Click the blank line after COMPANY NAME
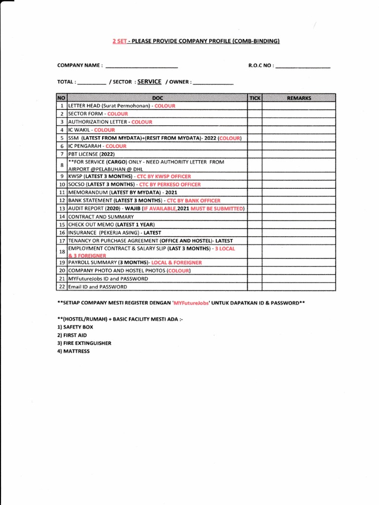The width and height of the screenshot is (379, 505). pos(142,66)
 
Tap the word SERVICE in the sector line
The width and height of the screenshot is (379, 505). pos(150,82)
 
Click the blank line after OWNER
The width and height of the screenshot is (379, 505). pos(213,83)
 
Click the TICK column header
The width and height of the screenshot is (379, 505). pos(255,98)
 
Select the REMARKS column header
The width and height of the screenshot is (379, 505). pos(299,98)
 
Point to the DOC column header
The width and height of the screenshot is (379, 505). pos(157,98)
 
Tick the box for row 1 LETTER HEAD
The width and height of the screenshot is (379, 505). pos(255,106)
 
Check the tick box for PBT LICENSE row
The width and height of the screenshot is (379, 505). pos(255,154)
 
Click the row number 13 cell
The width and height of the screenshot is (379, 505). pos(62,209)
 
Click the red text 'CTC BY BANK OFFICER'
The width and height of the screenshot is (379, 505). pos(193,201)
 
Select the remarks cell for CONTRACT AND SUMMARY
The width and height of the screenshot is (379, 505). pos(299,216)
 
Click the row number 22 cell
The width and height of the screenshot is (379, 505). pos(62,287)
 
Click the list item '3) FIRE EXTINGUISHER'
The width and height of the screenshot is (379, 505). pos(84,343)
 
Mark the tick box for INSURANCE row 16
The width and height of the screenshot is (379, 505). pos(255,232)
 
